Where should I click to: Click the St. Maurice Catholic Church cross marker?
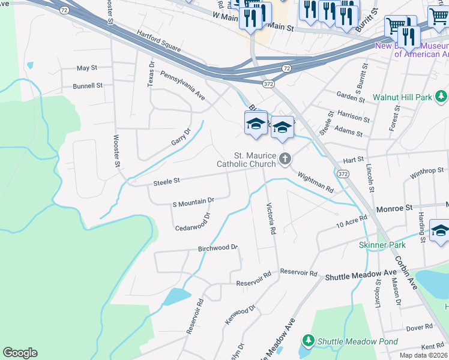pos(285,159)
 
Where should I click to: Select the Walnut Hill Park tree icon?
pos(442,96)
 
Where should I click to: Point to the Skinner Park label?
pos(382,245)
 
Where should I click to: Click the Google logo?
pos(20,353)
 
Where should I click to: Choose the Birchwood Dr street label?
pos(218,248)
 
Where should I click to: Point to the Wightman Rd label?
pos(315,181)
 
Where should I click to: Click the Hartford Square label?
pos(158,40)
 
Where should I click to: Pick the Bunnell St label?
pos(88,86)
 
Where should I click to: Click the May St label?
pos(87,68)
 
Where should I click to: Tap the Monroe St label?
pos(395,208)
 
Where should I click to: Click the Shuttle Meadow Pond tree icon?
pos(309,341)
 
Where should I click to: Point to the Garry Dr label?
pos(181,137)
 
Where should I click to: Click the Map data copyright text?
pos(423,355)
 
